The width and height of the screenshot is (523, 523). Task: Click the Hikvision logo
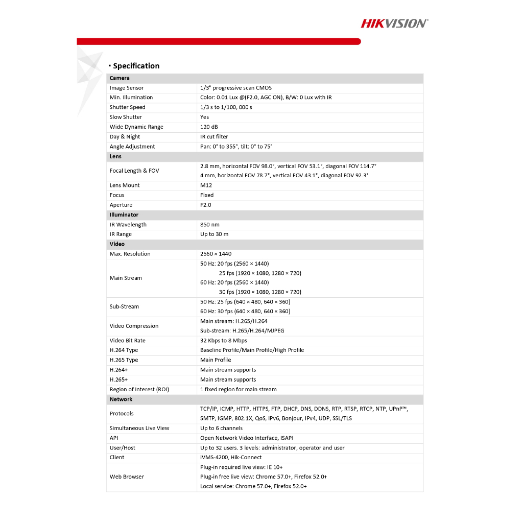pyautogui.click(x=394, y=23)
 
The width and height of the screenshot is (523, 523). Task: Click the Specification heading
pyautogui.click(x=136, y=66)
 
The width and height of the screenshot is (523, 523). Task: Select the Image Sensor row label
pyautogui.click(x=127, y=88)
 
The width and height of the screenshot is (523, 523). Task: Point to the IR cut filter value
pyautogui.click(x=214, y=136)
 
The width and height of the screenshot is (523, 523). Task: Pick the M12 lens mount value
pyautogui.click(x=206, y=185)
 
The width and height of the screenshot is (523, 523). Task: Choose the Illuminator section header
pyautogui.click(x=124, y=215)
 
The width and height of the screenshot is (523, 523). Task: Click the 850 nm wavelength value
pyautogui.click(x=210, y=224)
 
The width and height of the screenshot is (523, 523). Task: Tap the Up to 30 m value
pyautogui.click(x=214, y=234)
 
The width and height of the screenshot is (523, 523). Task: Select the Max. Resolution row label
pyautogui.click(x=130, y=254)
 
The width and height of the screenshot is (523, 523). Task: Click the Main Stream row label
pyautogui.click(x=126, y=278)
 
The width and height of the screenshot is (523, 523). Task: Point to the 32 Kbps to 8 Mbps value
pyautogui.click(x=223, y=341)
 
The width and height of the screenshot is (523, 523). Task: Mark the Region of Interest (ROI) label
pyautogui.click(x=139, y=389)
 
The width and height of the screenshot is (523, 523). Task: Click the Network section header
pyautogui.click(x=121, y=399)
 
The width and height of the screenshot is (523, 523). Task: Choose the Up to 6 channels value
pyautogui.click(x=221, y=428)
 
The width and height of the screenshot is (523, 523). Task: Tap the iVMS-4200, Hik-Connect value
pyautogui.click(x=231, y=457)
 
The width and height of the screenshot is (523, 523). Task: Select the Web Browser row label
pyautogui.click(x=127, y=477)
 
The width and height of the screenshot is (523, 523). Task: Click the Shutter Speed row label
pyautogui.click(x=127, y=107)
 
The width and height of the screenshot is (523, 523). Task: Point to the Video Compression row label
pyautogui.click(x=134, y=326)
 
